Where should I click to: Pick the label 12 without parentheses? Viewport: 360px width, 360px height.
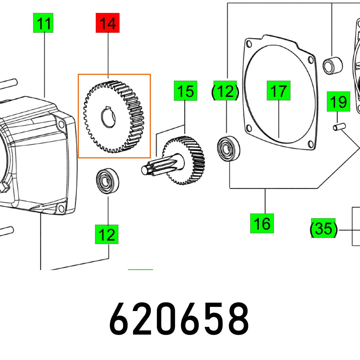click(107, 234)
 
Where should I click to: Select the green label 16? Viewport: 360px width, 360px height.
click(262, 223)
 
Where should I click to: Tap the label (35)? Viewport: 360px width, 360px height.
click(323, 228)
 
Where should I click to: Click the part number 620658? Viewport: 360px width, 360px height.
click(179, 319)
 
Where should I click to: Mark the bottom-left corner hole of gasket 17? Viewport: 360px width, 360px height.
click(248, 126)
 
